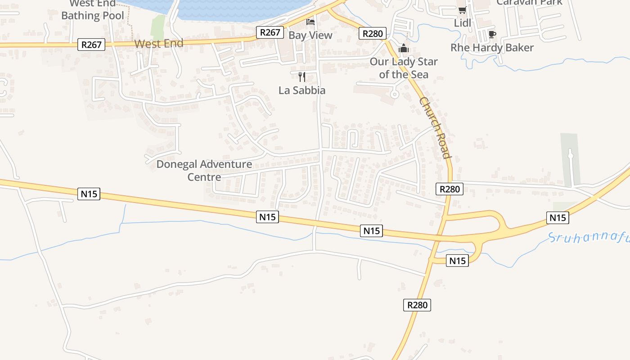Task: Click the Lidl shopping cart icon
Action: (462, 10)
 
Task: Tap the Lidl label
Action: (462, 22)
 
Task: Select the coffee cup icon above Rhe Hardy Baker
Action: (492, 35)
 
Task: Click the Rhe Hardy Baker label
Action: (492, 48)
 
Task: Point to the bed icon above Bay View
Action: (310, 22)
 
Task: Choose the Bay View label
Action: (310, 35)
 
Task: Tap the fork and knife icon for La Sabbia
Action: (302, 77)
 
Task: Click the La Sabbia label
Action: (302, 90)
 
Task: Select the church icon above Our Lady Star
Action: (404, 48)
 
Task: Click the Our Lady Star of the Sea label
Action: (404, 68)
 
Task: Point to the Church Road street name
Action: (435, 127)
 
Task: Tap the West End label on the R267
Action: (159, 44)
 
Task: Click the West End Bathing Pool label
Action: (93, 10)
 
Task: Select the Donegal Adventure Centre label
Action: (204, 171)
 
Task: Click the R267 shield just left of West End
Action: (91, 45)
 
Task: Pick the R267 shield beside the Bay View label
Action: (270, 32)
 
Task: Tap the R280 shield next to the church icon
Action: (373, 33)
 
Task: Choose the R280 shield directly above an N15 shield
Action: (450, 189)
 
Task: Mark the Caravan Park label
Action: (529, 2)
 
